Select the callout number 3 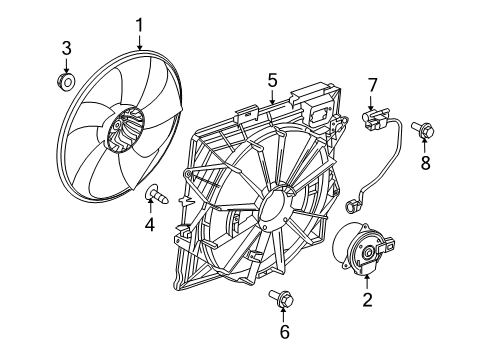66,47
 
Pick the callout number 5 271,76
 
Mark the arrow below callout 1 140,41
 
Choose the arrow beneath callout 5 271,95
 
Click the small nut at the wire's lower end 352,207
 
